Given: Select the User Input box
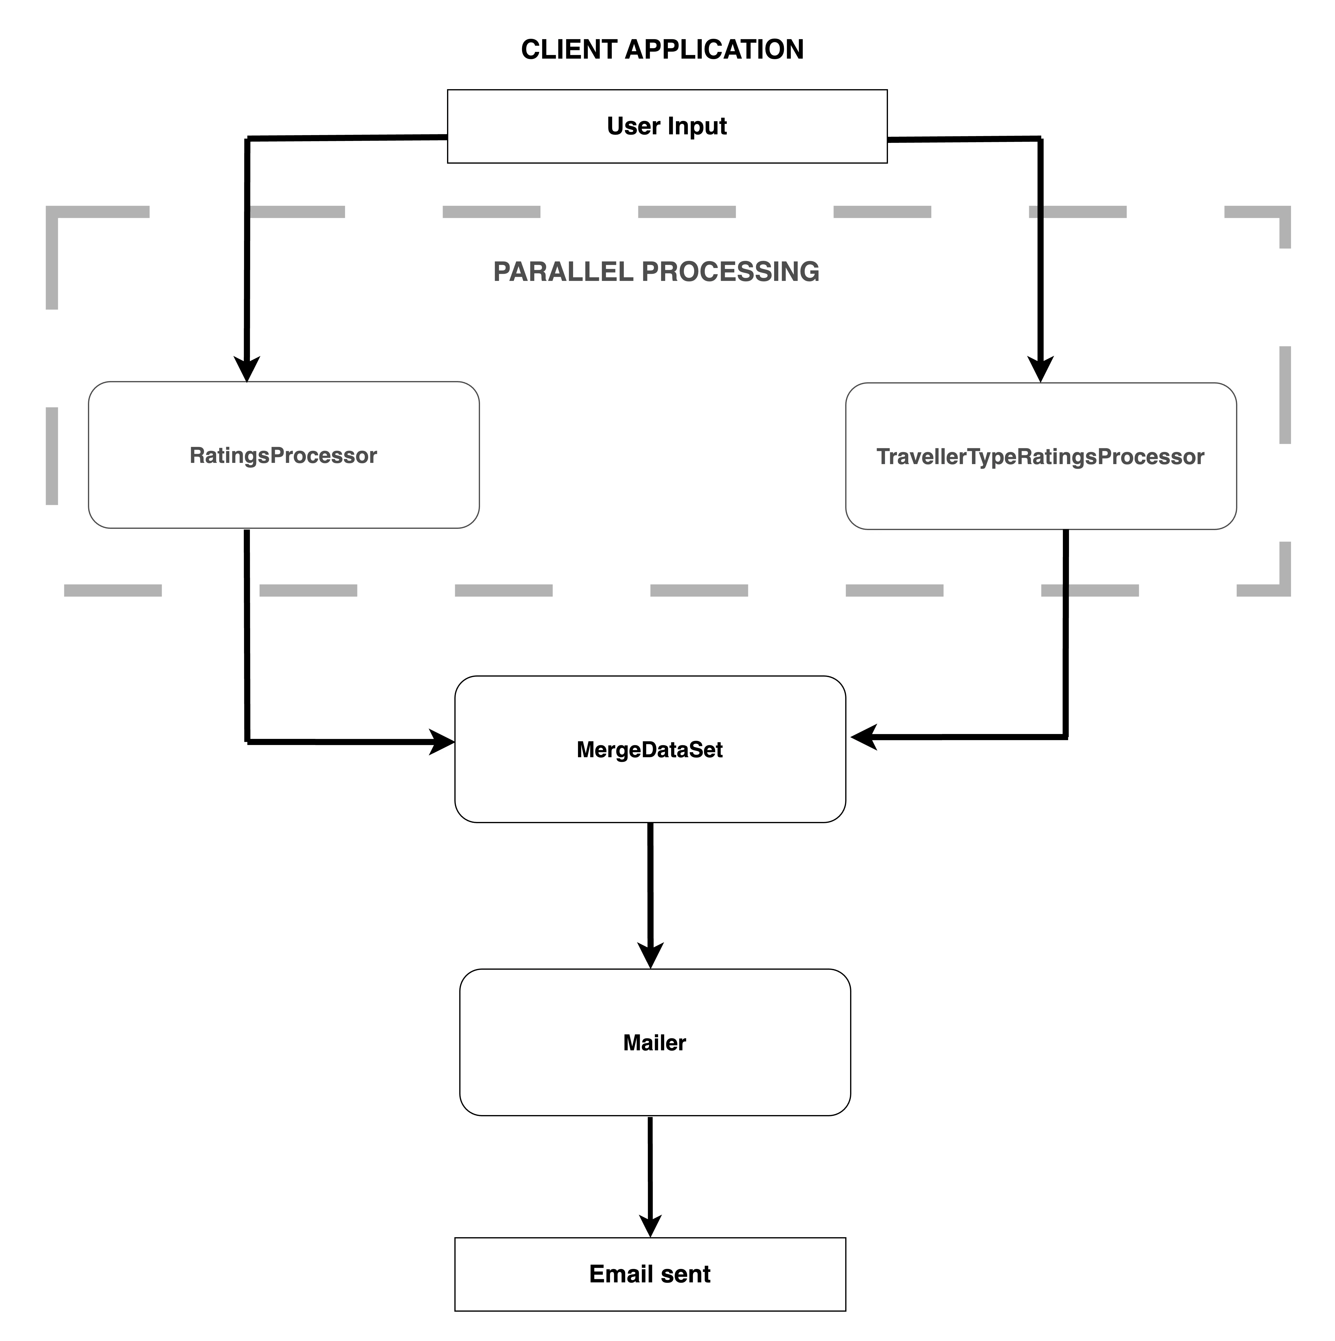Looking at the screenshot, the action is click(x=667, y=126).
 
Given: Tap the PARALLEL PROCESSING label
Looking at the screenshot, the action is click(x=656, y=271).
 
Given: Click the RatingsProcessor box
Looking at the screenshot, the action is click(x=284, y=455).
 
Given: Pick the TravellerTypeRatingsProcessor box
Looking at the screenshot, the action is click(x=1041, y=456).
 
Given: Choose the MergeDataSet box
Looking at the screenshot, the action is click(x=650, y=749).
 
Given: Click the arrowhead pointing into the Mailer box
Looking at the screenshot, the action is click(x=650, y=956).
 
